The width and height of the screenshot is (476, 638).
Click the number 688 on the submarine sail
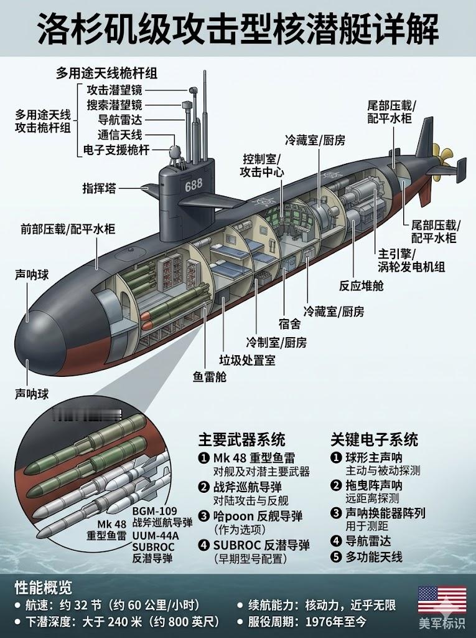(x=194, y=184)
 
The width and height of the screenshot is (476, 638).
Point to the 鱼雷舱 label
(x=209, y=376)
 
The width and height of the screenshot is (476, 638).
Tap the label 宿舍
(x=289, y=323)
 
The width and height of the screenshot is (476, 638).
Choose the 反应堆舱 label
(x=362, y=285)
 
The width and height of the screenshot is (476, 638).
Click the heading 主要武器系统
(x=241, y=439)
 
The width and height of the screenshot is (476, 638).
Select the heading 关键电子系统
(x=374, y=439)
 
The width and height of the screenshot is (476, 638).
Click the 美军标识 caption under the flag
(x=442, y=624)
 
